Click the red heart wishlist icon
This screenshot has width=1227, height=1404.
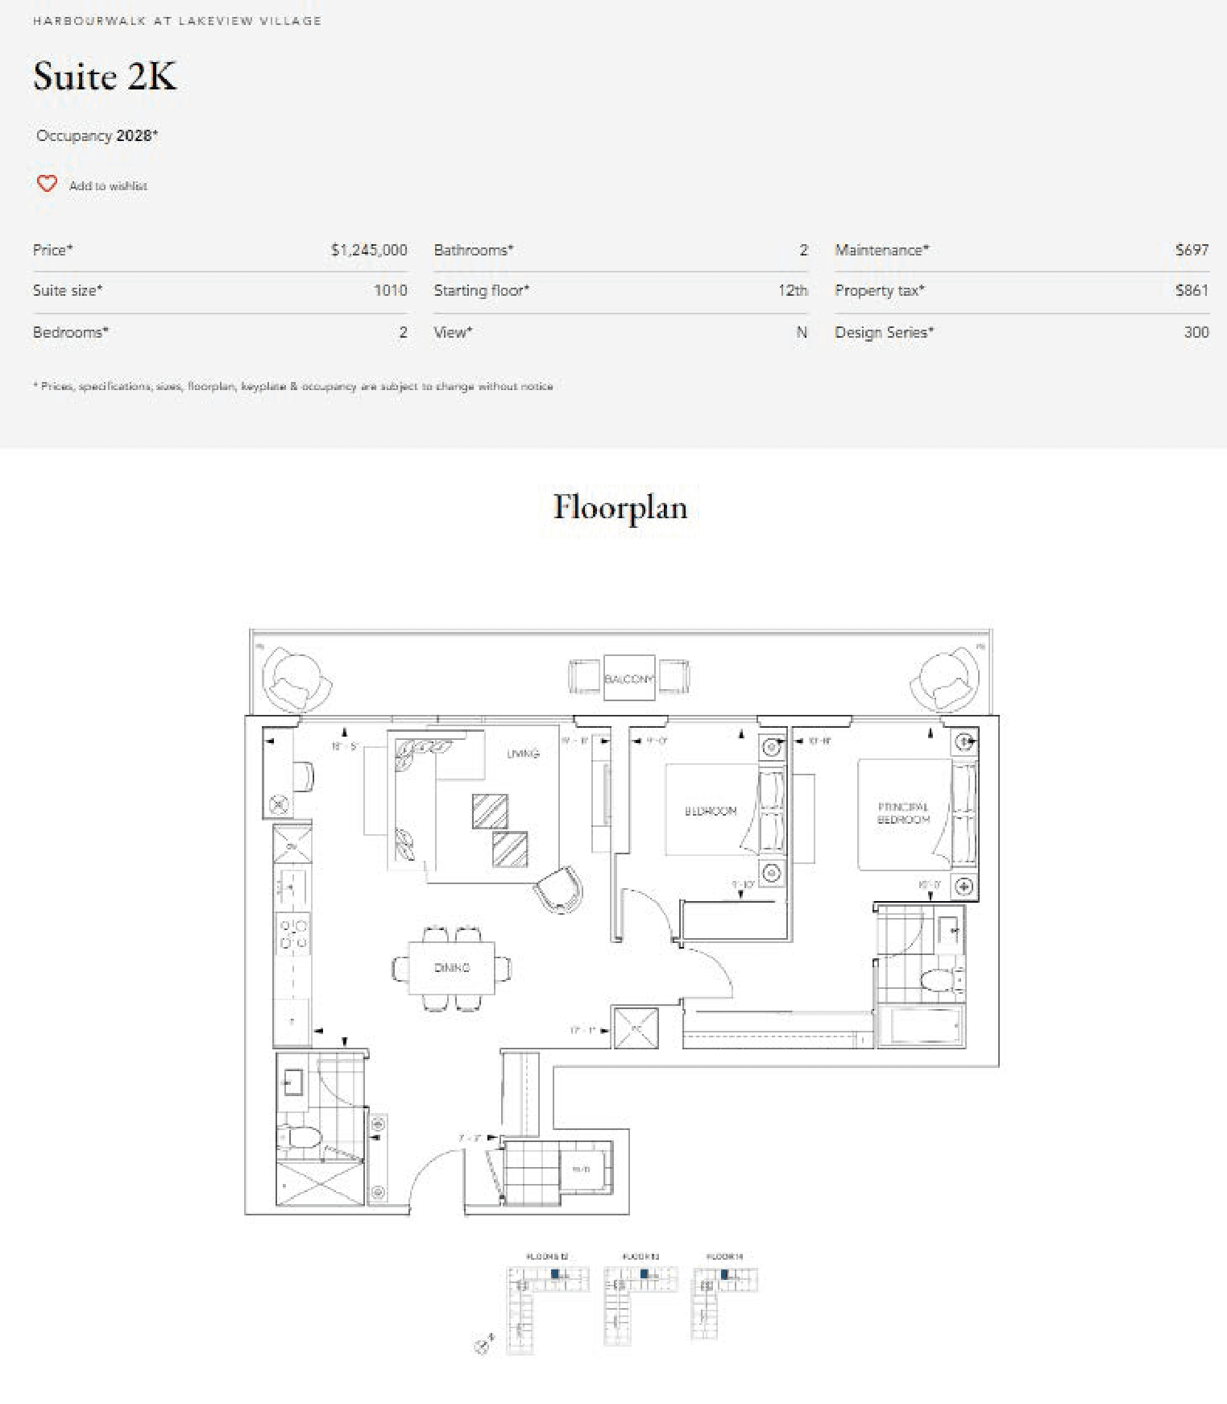click(x=47, y=184)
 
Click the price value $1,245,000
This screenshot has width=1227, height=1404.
click(x=368, y=250)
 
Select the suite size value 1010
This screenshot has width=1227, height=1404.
click(x=390, y=290)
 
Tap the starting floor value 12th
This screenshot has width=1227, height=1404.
click(x=792, y=290)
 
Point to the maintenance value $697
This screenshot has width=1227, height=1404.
click(x=1192, y=250)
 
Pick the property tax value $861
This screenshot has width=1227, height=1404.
click(x=1192, y=290)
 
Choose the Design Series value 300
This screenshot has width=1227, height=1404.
click(x=1196, y=332)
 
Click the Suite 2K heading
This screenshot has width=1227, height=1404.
click(x=105, y=77)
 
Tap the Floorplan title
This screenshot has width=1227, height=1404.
click(x=620, y=508)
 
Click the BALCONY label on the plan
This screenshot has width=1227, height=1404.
click(x=629, y=679)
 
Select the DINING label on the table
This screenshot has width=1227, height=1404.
click(x=451, y=967)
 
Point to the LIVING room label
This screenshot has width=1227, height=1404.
click(x=523, y=754)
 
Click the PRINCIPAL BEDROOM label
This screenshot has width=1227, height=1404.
click(x=903, y=812)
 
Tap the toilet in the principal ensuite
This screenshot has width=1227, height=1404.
click(x=940, y=980)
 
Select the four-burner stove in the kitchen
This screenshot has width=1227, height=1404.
click(x=293, y=933)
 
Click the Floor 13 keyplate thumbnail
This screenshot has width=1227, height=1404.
click(x=640, y=1298)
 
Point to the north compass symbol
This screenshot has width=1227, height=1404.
click(x=483, y=1344)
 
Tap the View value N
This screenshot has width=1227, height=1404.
click(x=802, y=332)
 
